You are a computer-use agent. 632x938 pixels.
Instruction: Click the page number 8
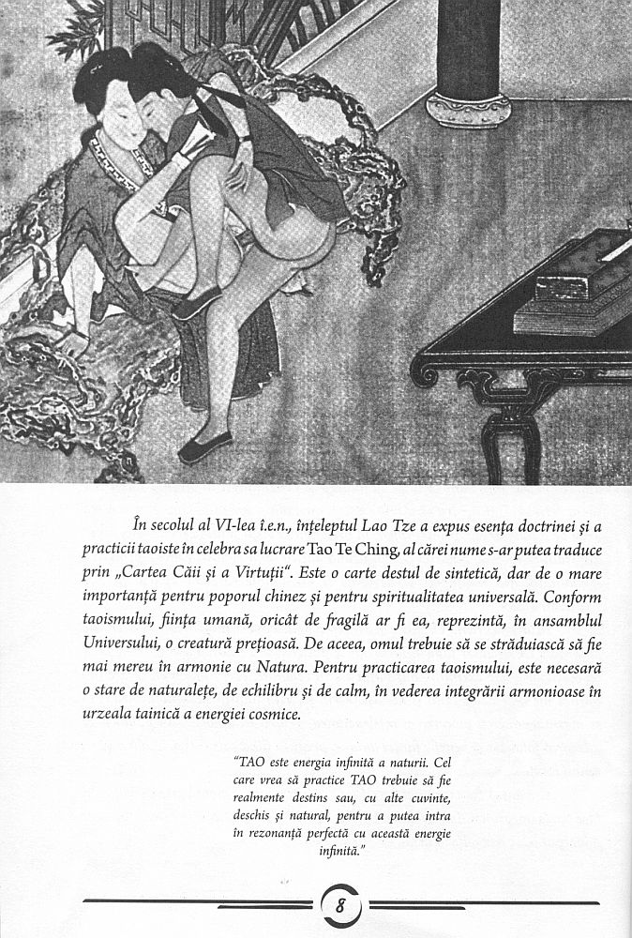[x=341, y=908]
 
